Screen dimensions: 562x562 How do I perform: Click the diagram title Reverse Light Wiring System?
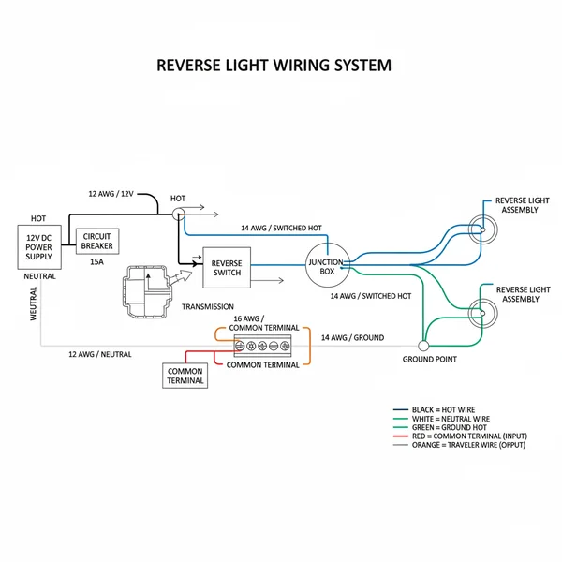[273, 67]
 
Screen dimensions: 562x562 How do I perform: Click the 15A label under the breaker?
[96, 263]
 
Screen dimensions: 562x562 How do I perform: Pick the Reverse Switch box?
[227, 267]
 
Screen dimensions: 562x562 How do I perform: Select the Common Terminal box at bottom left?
[185, 376]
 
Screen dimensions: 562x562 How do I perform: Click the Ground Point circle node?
[423, 346]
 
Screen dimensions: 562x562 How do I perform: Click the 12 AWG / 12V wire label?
[111, 193]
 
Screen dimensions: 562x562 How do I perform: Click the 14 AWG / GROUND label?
[352, 337]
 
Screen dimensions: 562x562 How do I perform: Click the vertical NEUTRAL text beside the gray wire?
[34, 304]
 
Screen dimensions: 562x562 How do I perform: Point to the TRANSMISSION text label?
[208, 306]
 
